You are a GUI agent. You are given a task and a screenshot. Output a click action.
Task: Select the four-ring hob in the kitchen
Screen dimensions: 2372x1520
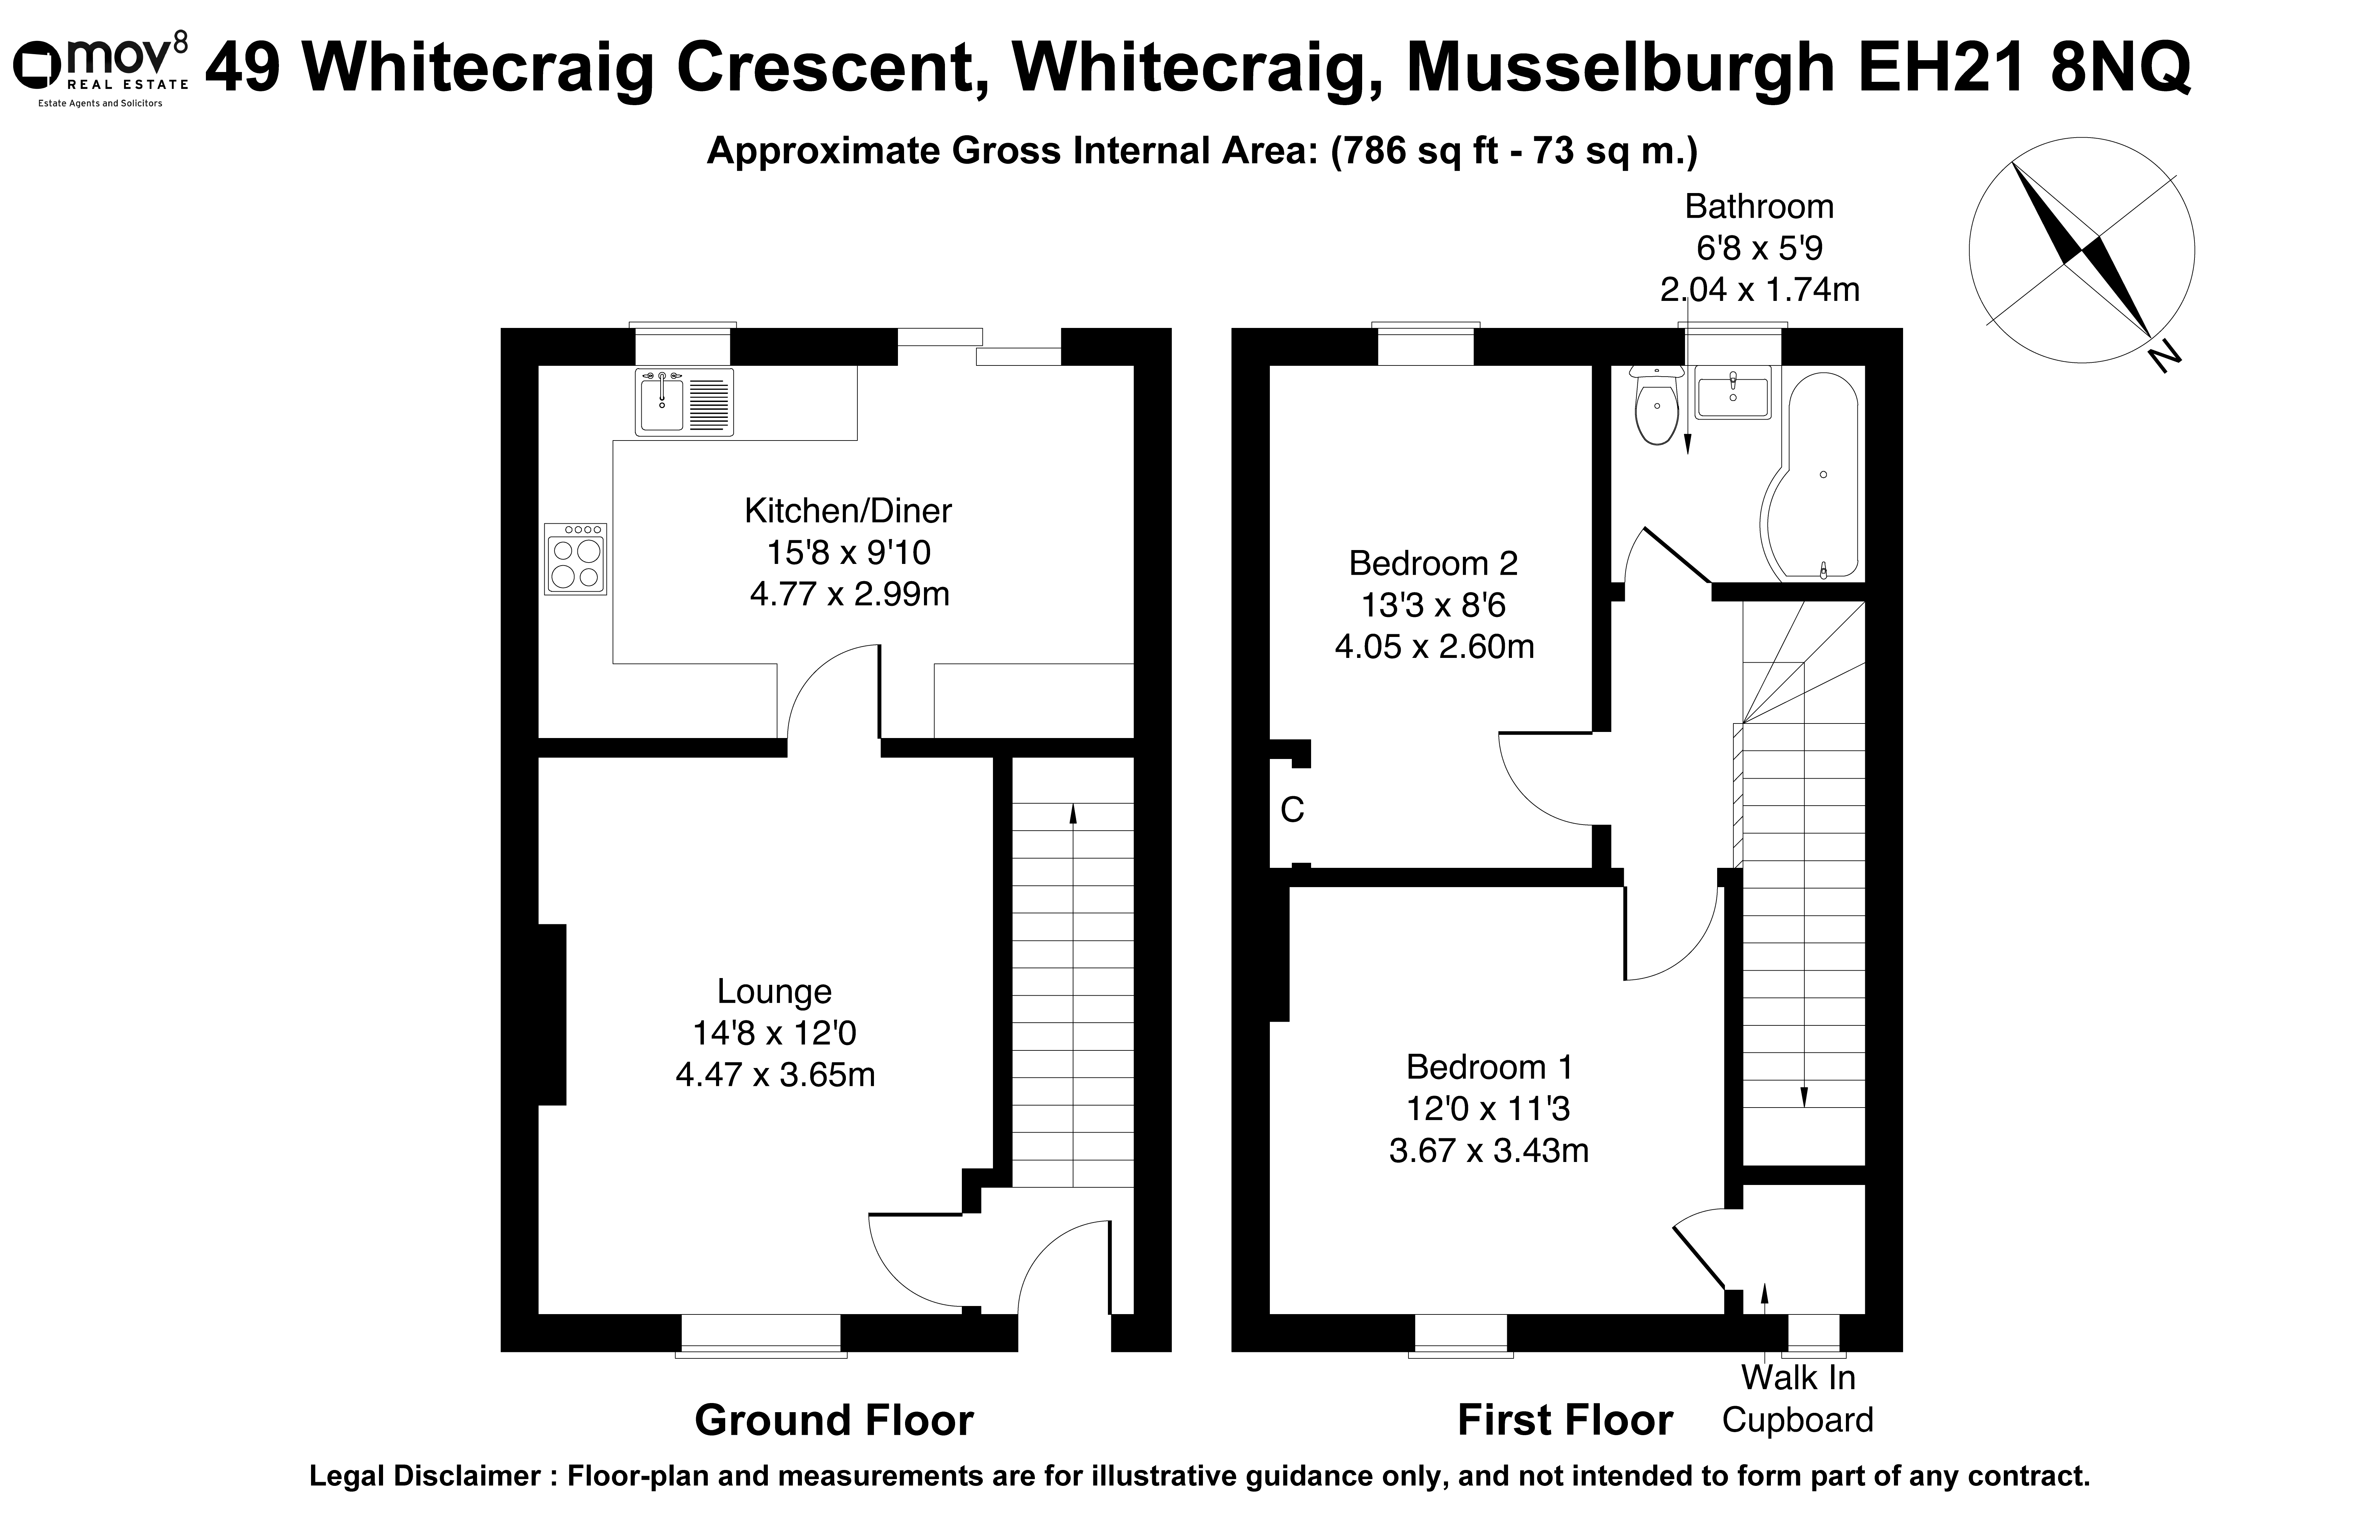coord(575,559)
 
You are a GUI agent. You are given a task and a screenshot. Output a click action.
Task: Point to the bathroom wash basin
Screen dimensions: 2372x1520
coord(1734,393)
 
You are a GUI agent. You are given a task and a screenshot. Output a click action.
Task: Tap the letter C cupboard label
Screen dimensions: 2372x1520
coord(1292,810)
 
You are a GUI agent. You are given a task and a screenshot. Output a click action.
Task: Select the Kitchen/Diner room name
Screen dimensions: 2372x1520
coord(848,511)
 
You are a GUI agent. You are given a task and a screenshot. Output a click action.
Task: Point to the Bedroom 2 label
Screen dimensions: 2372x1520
coord(1433,564)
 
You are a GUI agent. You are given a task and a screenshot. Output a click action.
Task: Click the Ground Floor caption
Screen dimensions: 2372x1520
coord(834,1420)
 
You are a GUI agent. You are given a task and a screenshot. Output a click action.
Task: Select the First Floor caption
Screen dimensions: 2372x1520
coord(1566,1420)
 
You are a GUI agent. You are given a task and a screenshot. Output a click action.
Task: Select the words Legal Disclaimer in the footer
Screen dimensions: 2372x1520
coord(425,1477)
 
